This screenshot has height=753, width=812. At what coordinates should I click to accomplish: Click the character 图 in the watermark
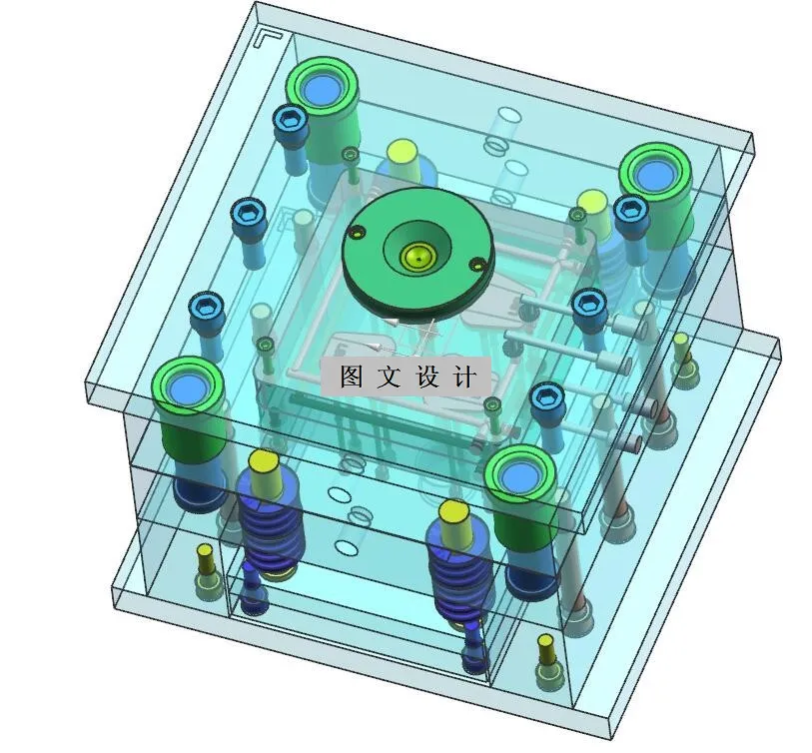coord(350,377)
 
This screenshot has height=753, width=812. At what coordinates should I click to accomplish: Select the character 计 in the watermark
coord(464,377)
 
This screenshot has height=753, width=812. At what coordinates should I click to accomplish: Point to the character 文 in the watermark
coord(388,377)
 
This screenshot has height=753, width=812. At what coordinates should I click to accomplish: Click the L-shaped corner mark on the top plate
coord(269,37)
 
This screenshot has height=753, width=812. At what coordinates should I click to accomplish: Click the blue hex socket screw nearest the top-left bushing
coord(290,121)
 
